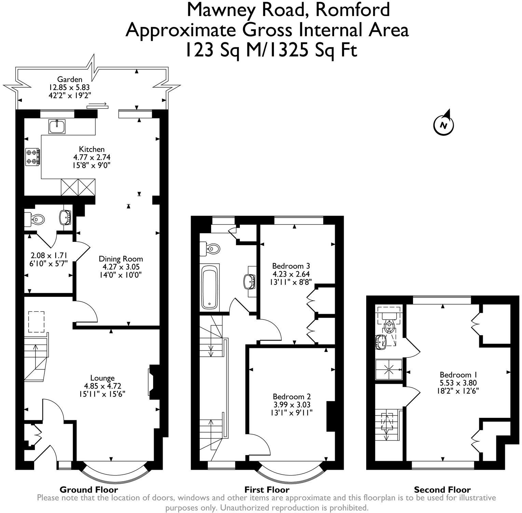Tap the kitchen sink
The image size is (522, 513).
pyautogui.click(x=57, y=127)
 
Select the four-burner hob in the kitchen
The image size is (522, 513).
pyautogui.click(x=32, y=157)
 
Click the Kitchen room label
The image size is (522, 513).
pyautogui.click(x=92, y=149)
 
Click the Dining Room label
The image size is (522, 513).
pyautogui.click(x=121, y=259)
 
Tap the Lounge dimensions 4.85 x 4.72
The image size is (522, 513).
pyautogui.click(x=102, y=386)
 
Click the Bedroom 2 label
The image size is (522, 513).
pyautogui.click(x=291, y=397)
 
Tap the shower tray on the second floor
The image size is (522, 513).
pyautogui.click(x=389, y=369)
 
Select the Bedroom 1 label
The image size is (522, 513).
pyautogui.click(x=458, y=375)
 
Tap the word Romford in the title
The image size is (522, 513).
pyautogui.click(x=352, y=10)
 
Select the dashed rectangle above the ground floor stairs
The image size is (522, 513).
pyautogui.click(x=36, y=322)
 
